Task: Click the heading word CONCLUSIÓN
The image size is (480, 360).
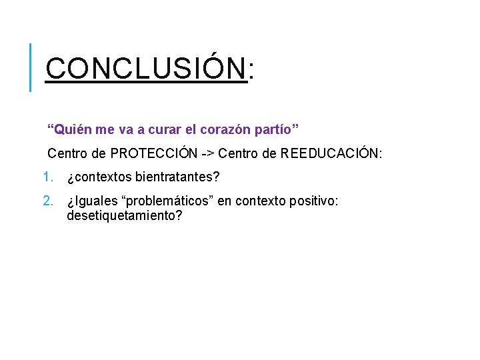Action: (146, 68)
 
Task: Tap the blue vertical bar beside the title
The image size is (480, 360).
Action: (31, 67)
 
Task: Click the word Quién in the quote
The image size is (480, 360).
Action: (68, 127)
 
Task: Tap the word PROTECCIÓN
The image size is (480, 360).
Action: (154, 154)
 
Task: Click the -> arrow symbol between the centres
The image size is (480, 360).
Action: (207, 154)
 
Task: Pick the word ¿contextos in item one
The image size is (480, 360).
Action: (99, 178)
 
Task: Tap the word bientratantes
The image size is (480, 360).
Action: (177, 178)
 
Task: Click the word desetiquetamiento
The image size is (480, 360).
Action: (124, 216)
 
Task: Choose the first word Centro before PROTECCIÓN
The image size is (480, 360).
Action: (67, 154)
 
